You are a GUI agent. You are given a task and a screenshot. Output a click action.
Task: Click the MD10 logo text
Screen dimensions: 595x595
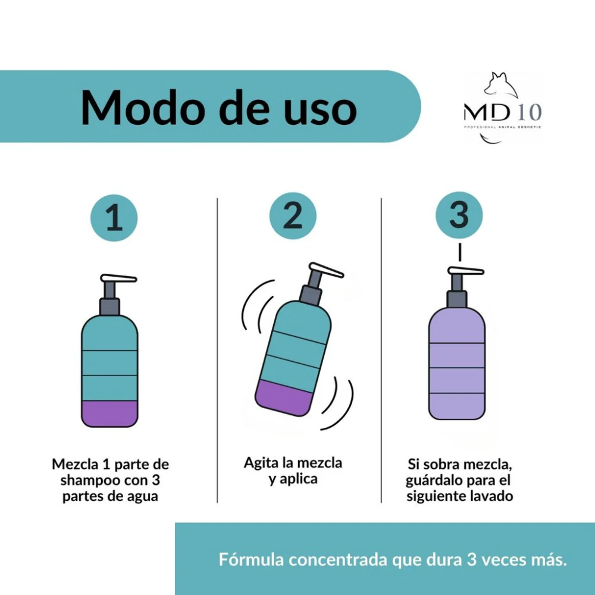(502, 112)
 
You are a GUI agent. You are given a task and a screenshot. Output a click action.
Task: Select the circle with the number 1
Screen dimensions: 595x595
(114, 217)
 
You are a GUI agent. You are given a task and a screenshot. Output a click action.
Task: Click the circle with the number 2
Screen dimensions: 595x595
(293, 216)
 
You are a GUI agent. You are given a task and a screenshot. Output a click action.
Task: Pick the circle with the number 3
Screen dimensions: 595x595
(459, 215)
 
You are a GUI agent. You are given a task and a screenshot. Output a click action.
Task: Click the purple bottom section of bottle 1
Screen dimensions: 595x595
(109, 414)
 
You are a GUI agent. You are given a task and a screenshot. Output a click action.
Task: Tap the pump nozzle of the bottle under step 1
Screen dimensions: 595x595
(118, 278)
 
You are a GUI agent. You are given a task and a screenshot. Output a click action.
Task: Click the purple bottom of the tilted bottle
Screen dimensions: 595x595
(283, 399)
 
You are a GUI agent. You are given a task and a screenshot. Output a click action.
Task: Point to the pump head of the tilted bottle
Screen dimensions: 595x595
(326, 270)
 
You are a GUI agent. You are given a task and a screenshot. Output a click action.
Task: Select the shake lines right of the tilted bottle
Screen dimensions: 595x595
(338, 404)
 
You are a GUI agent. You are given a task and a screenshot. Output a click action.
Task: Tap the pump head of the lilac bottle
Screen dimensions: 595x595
(466, 271)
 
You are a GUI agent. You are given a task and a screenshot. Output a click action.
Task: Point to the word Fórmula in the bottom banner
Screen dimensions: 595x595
(251, 560)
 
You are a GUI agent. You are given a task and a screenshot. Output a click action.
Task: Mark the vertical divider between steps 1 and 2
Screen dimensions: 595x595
(217, 350)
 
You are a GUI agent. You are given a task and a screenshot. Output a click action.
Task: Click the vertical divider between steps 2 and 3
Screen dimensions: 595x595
(381, 350)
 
